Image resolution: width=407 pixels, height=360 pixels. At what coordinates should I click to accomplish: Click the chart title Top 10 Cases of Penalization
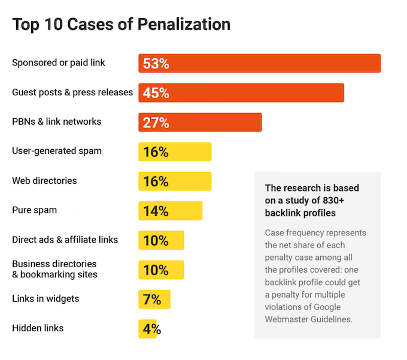(x=121, y=25)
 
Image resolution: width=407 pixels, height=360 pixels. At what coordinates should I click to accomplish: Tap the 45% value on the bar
(x=156, y=93)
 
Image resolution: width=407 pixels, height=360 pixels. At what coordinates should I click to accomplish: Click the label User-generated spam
(x=57, y=151)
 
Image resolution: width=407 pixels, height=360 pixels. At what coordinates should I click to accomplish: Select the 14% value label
(x=156, y=211)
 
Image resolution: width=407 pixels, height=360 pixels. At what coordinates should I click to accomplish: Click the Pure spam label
(x=34, y=210)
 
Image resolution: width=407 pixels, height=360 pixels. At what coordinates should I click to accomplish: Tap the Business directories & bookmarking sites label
(x=54, y=269)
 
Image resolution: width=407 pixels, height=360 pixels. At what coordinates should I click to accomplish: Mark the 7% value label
(x=151, y=299)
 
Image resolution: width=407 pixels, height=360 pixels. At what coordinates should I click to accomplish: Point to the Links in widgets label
(x=45, y=298)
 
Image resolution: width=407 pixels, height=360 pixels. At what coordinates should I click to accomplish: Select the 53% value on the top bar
(x=156, y=63)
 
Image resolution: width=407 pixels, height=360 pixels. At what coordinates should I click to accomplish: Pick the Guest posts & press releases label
(x=72, y=92)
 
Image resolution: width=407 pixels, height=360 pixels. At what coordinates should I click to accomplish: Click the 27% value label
(x=156, y=122)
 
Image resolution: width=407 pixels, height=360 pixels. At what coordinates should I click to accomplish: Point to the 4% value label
(x=151, y=328)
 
